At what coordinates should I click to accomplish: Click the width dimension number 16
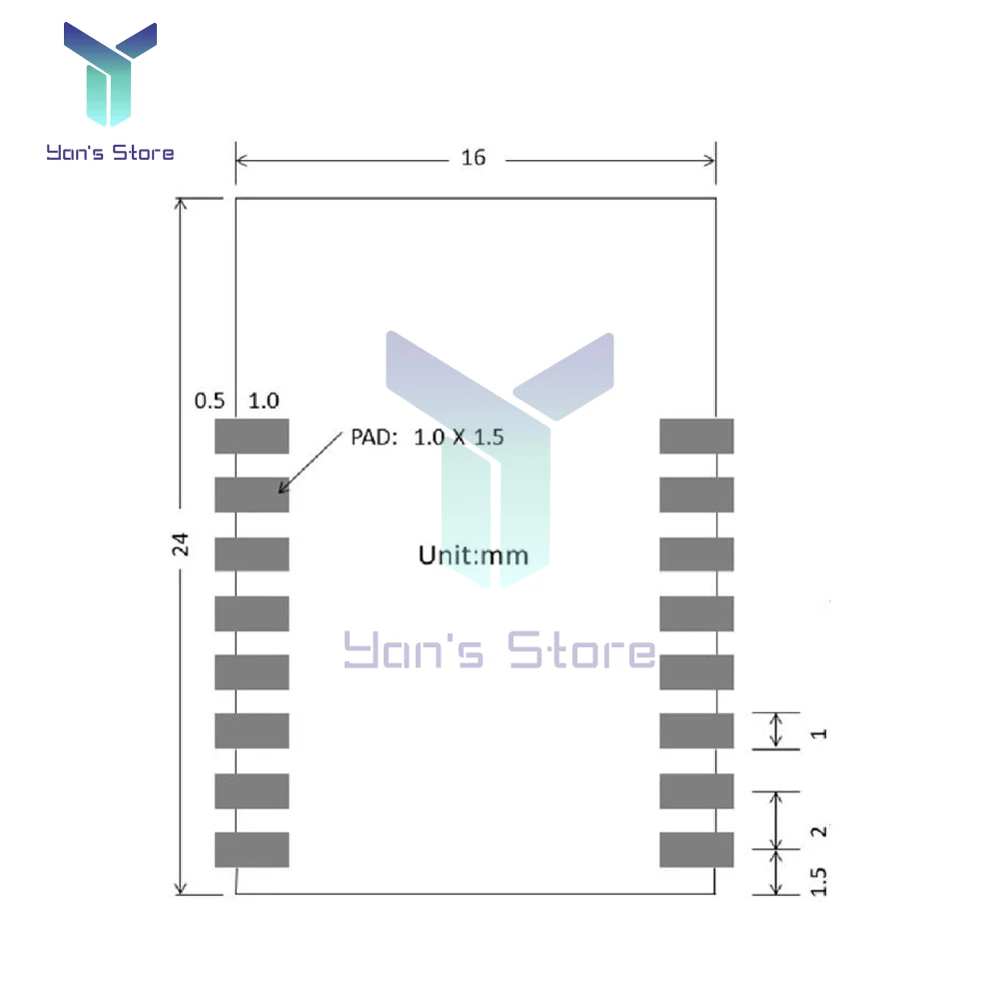point(474,158)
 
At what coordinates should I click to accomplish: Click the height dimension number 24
point(180,544)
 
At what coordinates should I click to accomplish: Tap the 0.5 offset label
point(210,401)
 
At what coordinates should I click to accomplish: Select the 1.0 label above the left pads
point(264,401)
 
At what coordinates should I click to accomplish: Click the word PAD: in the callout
point(374,438)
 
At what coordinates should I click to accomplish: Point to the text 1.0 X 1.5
point(459,438)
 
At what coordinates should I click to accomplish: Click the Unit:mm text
point(474,555)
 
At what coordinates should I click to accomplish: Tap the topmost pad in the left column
point(252,437)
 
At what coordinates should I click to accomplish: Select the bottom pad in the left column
point(252,850)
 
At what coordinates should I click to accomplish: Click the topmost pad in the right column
point(696,437)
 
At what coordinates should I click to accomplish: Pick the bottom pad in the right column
point(696,850)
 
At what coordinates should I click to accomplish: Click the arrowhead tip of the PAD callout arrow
point(279,493)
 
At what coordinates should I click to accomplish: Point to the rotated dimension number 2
point(819,831)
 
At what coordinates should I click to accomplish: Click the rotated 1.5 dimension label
point(819,882)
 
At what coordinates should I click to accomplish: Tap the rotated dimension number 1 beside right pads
point(819,734)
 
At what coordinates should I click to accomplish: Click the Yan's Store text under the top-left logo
point(110,153)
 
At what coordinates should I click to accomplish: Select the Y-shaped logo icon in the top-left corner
point(110,74)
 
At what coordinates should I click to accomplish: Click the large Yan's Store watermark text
point(500,650)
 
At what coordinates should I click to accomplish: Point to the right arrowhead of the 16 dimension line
point(714,161)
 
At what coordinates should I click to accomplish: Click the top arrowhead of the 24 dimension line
point(180,200)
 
